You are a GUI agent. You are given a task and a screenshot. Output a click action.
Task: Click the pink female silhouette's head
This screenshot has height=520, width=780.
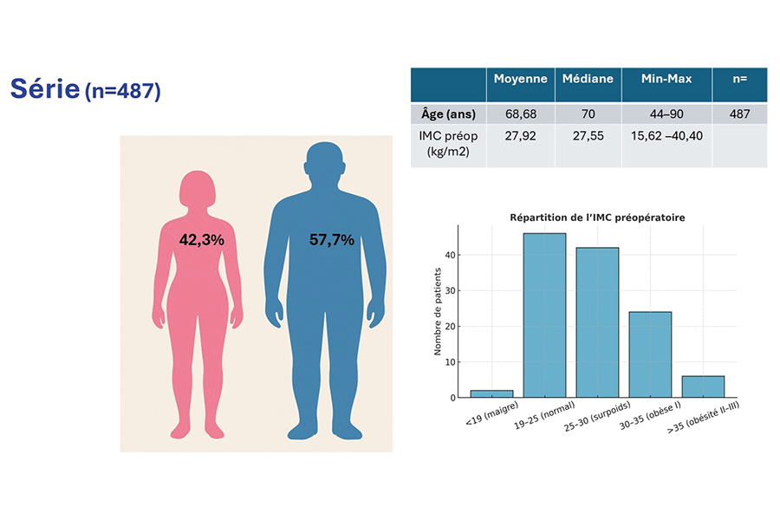point(198,189)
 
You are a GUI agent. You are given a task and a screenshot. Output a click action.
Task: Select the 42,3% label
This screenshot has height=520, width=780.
point(201,240)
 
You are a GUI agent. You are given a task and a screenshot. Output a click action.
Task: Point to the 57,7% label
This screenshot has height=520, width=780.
point(332,240)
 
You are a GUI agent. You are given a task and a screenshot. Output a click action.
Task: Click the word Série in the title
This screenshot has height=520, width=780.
point(44,88)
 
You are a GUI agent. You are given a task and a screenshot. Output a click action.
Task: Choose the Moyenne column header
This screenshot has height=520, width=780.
point(520,79)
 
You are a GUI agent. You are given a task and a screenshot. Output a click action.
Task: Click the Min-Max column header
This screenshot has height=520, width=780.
point(666,79)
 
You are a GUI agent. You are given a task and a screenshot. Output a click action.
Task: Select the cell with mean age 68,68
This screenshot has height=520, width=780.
point(520,114)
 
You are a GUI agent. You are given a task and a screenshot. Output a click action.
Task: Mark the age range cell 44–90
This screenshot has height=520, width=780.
point(666,114)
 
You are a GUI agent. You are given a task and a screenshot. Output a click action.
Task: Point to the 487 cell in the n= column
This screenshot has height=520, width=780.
point(738,114)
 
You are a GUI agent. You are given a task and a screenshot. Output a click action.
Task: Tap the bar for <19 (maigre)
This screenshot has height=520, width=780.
point(490,394)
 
